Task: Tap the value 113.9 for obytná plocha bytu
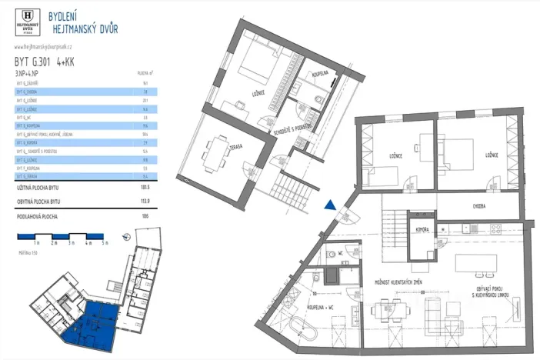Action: tap(144, 202)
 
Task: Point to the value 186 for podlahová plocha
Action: tap(145, 217)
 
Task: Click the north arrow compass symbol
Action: tap(126, 238)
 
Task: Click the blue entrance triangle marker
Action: tap(329, 205)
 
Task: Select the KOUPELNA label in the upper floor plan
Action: tap(320, 75)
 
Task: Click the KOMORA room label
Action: tap(421, 229)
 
